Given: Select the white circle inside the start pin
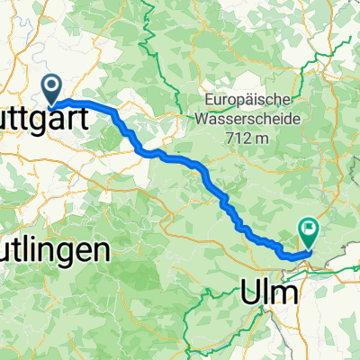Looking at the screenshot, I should pyautogui.click(x=52, y=86).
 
